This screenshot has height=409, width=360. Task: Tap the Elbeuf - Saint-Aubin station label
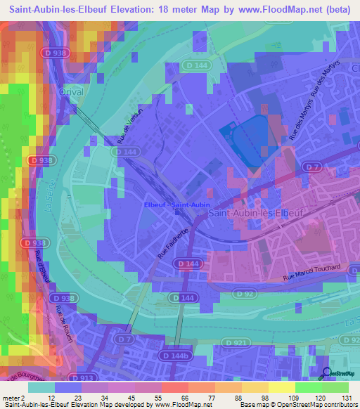pyautogui.click(x=176, y=204)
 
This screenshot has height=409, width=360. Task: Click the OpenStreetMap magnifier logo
pyautogui.click(x=326, y=375)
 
